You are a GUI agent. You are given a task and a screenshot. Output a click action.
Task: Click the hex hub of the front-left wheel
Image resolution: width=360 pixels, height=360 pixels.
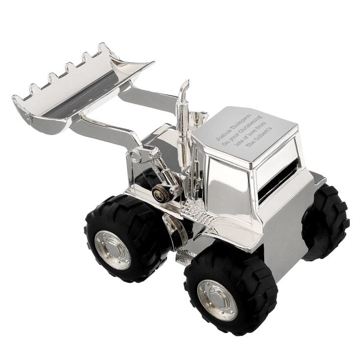point(112,250)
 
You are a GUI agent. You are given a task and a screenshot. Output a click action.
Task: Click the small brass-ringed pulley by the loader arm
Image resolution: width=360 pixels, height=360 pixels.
point(159,193)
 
